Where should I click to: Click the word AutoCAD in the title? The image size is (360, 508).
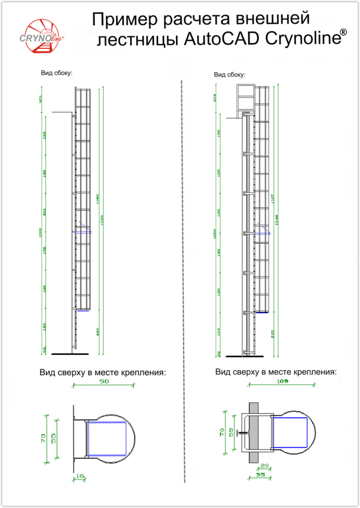pos(221,39)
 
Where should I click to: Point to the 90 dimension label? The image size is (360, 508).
pos(104,381)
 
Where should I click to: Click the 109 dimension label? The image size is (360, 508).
pos(282,381)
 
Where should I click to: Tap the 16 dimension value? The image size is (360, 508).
pos(80,476)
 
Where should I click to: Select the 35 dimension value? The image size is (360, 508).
pos(260,474)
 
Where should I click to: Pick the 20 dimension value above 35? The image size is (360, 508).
pos(264,466)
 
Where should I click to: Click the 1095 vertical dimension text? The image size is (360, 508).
pos(98,198)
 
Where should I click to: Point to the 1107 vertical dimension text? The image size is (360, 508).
pos(273,198)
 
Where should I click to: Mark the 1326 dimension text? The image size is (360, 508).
pos(102,220)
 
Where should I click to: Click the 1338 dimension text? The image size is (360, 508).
pos(277,220)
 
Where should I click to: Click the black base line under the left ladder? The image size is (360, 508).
pos(70,354)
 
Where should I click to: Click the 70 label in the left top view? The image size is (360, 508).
pos(43,438)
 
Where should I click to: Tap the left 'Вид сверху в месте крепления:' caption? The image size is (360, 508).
pos(103,372)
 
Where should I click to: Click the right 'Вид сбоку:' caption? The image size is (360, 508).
pos(229,75)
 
